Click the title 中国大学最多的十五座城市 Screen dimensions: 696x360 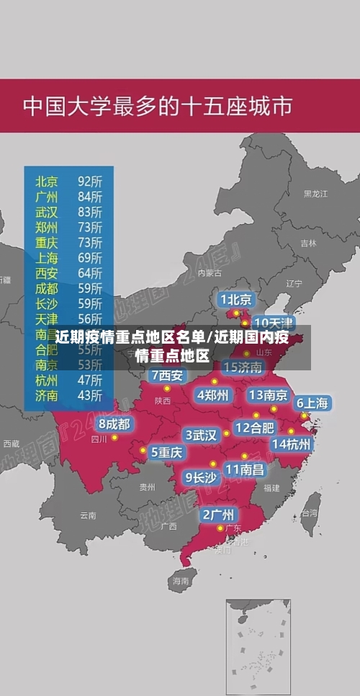click(158, 107)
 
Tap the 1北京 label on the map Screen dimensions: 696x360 click(235, 299)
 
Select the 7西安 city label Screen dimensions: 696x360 click(167, 375)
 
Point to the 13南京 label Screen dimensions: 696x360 click(269, 395)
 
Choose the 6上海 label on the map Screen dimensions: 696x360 click(312, 403)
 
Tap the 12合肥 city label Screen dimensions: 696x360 click(254, 427)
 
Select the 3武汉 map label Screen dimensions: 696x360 click(202, 435)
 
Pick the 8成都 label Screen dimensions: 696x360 click(114, 424)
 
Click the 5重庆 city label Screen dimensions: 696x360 click(166, 452)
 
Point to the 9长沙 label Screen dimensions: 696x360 click(201, 476)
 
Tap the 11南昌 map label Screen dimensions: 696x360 click(245, 469)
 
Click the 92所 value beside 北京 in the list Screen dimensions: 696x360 click(90, 180)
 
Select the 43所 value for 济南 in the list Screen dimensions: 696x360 click(90, 395)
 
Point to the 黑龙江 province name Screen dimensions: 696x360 click(315, 194)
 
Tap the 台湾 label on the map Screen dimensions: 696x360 click(309, 513)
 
